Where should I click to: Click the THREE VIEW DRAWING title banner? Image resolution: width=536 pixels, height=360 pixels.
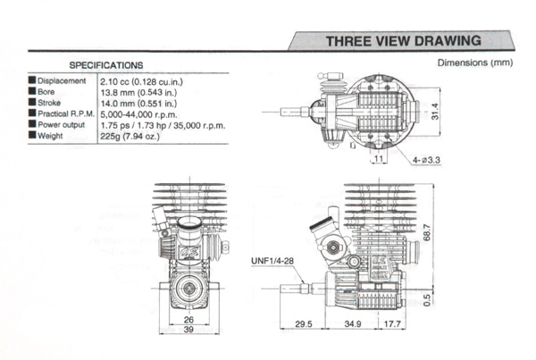(x=404, y=41)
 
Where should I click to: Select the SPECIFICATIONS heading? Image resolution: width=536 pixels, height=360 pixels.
(x=106, y=65)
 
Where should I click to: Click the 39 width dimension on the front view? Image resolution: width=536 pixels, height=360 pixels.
(x=189, y=330)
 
